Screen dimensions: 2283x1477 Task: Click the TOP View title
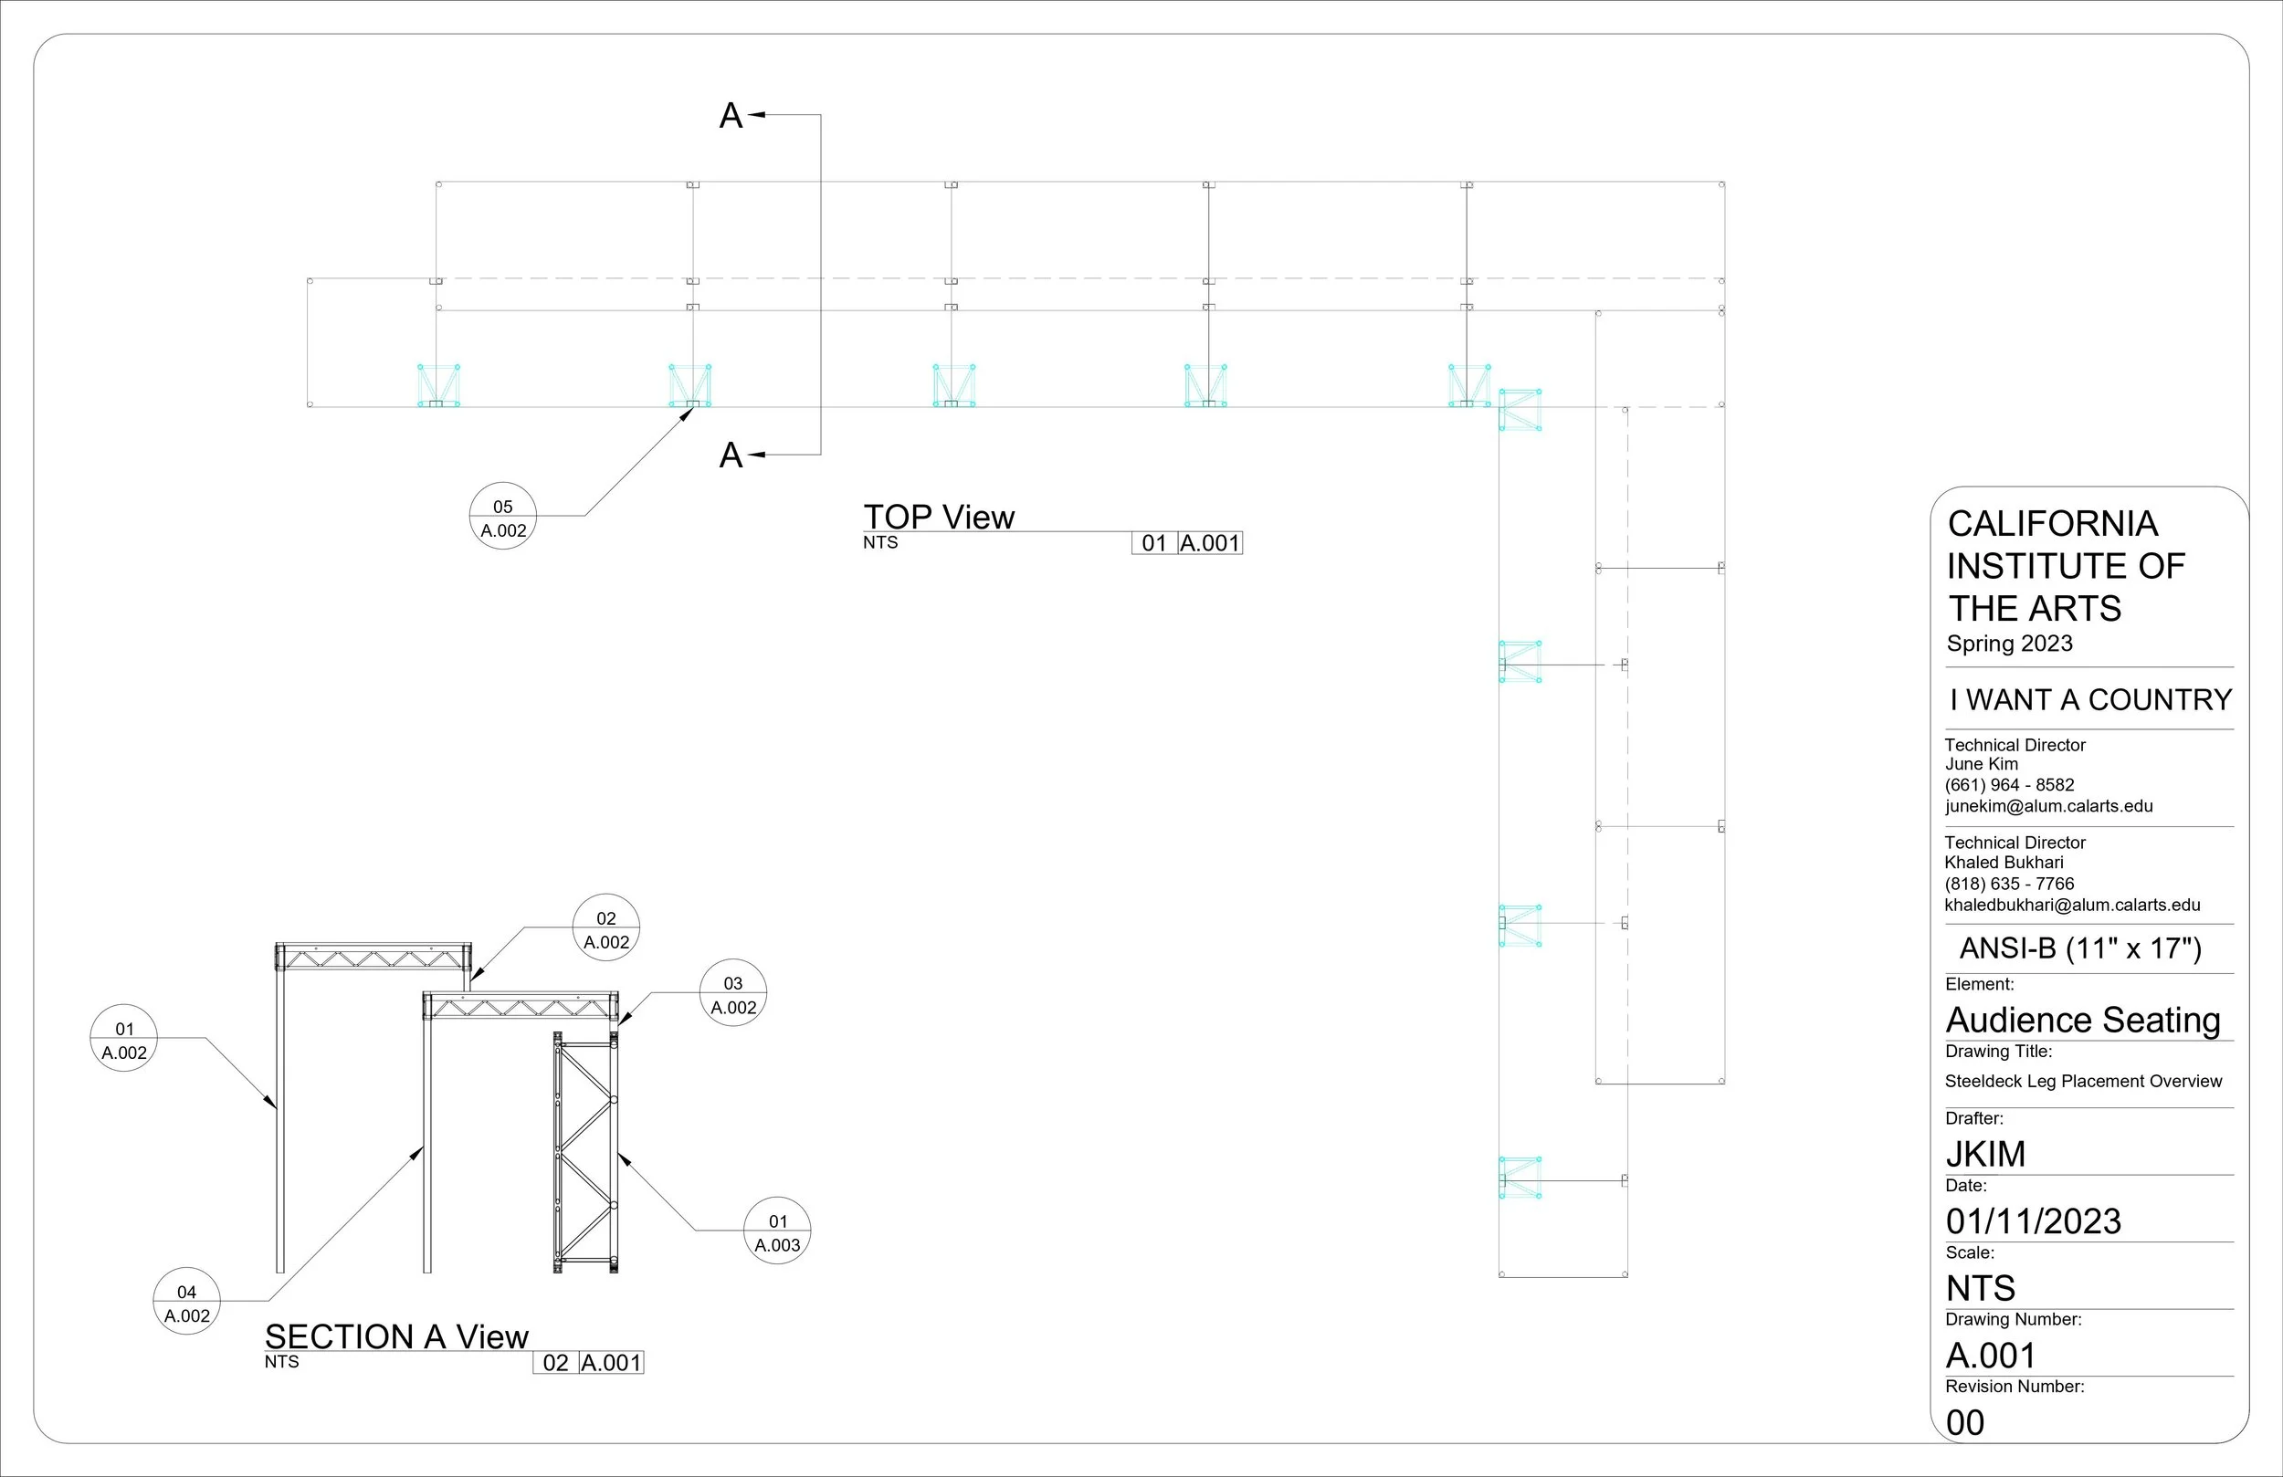pyautogui.click(x=938, y=517)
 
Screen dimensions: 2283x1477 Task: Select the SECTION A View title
pyautogui.click(x=396, y=1336)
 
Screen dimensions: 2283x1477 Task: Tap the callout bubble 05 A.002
pyautogui.click(x=502, y=516)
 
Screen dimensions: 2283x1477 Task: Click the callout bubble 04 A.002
pyautogui.click(x=187, y=1301)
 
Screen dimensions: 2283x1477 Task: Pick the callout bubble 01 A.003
pyautogui.click(x=777, y=1231)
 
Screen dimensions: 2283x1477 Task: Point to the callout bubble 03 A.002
pyautogui.click(x=733, y=992)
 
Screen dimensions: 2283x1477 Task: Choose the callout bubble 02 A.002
pyautogui.click(x=606, y=927)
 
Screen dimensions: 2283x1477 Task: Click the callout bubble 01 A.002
pyautogui.click(x=124, y=1038)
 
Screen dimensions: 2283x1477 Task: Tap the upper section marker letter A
pyautogui.click(x=731, y=116)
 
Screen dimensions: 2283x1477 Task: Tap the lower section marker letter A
pyautogui.click(x=731, y=456)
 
